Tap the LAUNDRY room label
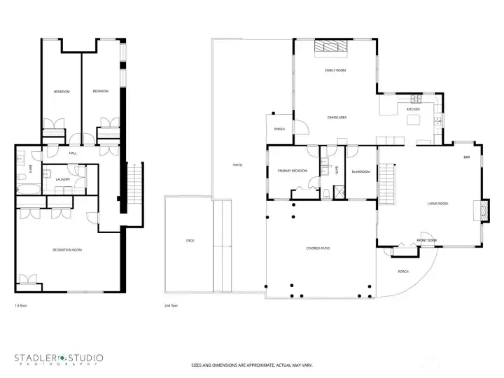(x=62, y=180)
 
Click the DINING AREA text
(x=337, y=118)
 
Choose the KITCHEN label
(x=414, y=110)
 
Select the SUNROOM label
(x=361, y=171)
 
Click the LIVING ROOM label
(x=438, y=204)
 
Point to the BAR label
(x=466, y=157)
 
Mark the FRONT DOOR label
(x=427, y=240)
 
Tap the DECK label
(x=190, y=240)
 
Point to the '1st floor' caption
(x=20, y=306)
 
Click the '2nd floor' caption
(x=170, y=306)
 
